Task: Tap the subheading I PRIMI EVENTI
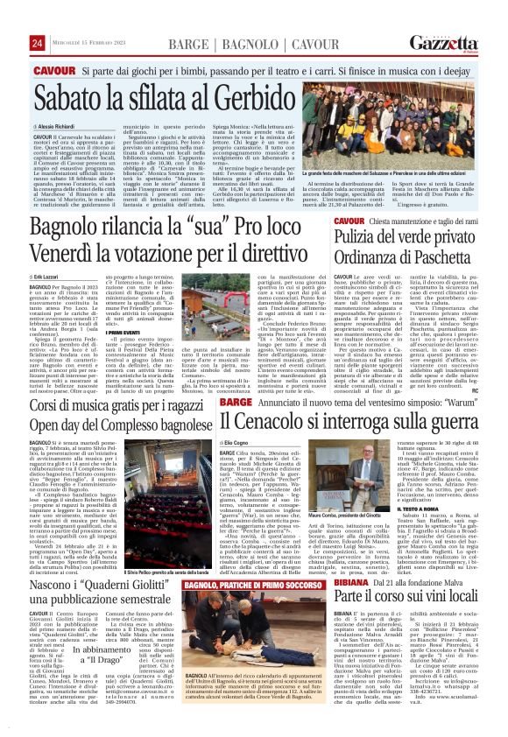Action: click(120, 332)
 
